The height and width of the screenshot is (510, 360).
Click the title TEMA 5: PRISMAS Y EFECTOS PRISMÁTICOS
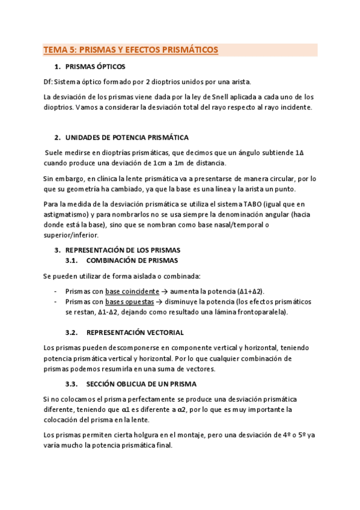[x=131, y=51]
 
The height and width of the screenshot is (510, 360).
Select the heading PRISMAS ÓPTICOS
[x=95, y=67]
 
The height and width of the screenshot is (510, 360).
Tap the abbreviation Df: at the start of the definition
[x=49, y=81]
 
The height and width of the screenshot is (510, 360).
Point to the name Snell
[x=216, y=97]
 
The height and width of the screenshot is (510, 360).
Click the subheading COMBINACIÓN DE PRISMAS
[x=132, y=260]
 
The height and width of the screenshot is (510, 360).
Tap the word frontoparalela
[x=261, y=312]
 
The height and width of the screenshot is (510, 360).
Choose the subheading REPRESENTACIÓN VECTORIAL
[x=135, y=333]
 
